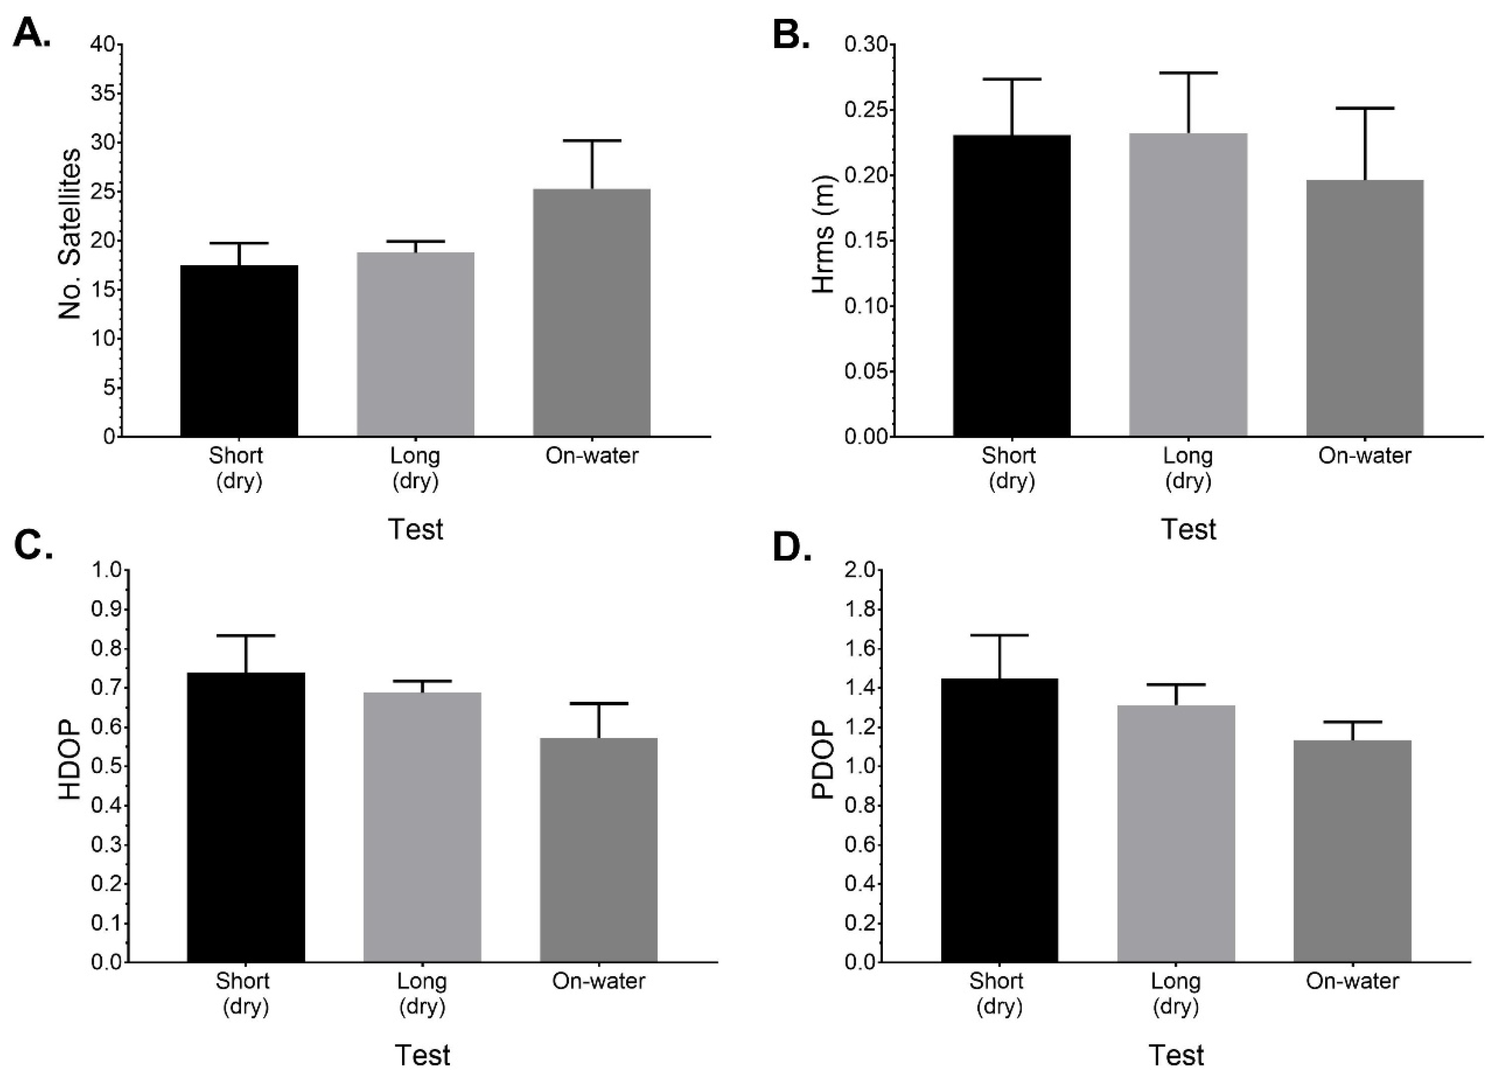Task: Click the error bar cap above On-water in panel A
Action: click(591, 140)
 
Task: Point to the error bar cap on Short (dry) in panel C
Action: click(246, 636)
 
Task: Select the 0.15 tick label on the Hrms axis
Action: click(865, 241)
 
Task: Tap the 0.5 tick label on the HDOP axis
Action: click(107, 766)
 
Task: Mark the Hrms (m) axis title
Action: click(822, 233)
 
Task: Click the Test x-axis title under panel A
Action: click(415, 529)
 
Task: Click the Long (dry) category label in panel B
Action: click(1188, 468)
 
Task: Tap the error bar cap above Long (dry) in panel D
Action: click(1176, 685)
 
